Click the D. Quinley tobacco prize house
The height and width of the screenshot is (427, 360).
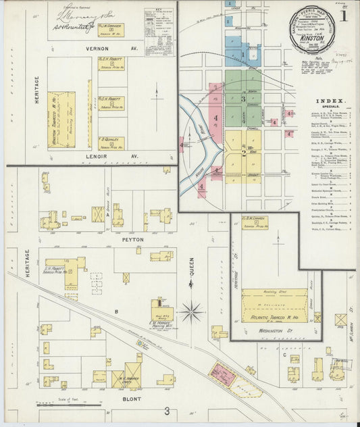[x=111, y=143]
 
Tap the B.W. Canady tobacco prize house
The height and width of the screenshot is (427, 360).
[x=255, y=222]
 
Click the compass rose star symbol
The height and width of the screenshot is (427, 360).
[x=192, y=312]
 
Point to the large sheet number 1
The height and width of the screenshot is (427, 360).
[x=344, y=15]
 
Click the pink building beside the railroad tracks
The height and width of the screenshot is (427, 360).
[x=224, y=374]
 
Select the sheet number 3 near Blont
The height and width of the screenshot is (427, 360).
[x=167, y=411]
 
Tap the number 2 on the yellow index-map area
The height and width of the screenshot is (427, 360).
[x=244, y=152]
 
